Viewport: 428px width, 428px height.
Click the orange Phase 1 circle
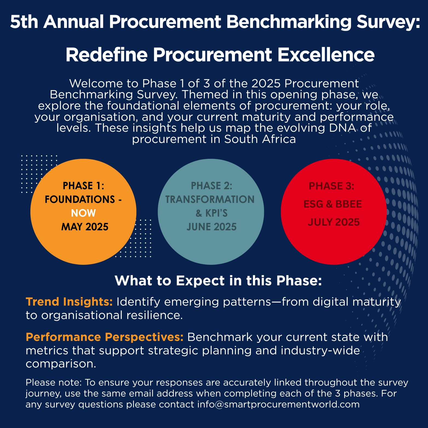click(x=83, y=212)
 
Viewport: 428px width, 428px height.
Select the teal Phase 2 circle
click(x=211, y=212)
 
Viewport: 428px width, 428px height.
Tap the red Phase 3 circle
click(x=334, y=212)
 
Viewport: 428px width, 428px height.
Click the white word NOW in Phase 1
click(x=84, y=213)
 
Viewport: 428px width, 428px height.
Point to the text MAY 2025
click(x=85, y=227)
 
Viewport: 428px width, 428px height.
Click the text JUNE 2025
click(x=211, y=227)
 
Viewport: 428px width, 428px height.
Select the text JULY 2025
click(x=334, y=222)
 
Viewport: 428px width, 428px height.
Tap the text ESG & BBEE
click(x=333, y=204)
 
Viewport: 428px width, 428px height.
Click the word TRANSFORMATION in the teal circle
click(x=210, y=199)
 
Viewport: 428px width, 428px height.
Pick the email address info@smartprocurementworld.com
click(x=278, y=404)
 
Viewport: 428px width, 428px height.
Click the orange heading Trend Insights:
click(x=69, y=301)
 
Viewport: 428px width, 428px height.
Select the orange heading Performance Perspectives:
click(x=105, y=337)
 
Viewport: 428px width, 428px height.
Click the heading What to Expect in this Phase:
click(x=218, y=280)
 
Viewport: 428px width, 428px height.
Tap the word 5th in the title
click(x=24, y=22)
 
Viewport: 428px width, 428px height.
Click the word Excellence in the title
click(x=326, y=55)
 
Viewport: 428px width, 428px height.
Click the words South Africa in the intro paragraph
click(x=260, y=139)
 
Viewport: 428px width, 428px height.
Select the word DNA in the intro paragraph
click(x=343, y=128)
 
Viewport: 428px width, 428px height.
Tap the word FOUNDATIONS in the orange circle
click(x=80, y=199)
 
